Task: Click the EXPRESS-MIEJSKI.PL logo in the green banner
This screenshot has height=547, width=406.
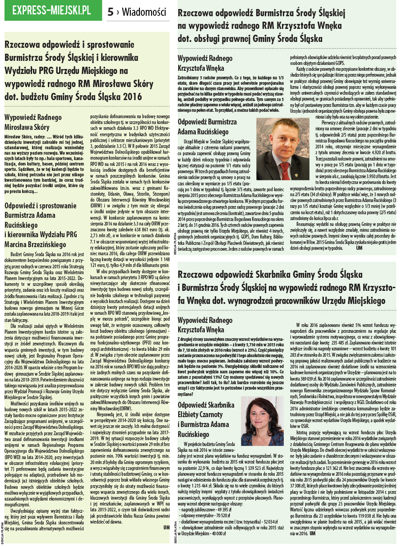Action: (51, 10)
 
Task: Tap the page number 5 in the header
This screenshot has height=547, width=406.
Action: (111, 12)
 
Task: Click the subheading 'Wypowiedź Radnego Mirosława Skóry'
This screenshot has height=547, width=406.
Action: (34, 121)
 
